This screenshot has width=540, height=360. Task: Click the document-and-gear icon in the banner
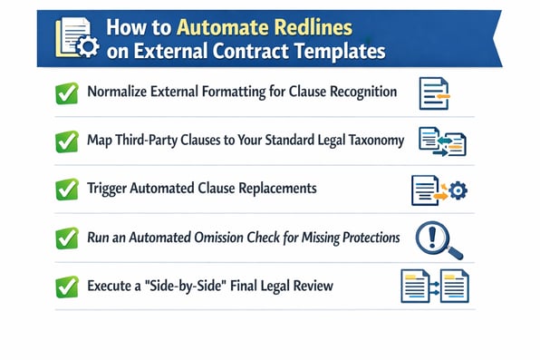[73, 39]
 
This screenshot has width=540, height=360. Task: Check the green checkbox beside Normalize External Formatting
[66, 93]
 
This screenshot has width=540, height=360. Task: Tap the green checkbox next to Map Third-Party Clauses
[66, 141]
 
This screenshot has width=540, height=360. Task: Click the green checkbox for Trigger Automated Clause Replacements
[66, 190]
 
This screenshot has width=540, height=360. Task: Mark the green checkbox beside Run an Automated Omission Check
[66, 238]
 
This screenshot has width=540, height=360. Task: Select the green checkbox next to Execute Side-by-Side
[66, 287]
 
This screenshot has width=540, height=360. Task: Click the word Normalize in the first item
[119, 92]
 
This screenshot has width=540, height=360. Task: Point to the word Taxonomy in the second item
[373, 141]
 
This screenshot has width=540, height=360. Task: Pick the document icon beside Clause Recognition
[434, 93]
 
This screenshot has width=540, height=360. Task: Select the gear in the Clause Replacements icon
[458, 190]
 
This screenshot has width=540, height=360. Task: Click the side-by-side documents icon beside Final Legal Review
[434, 287]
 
